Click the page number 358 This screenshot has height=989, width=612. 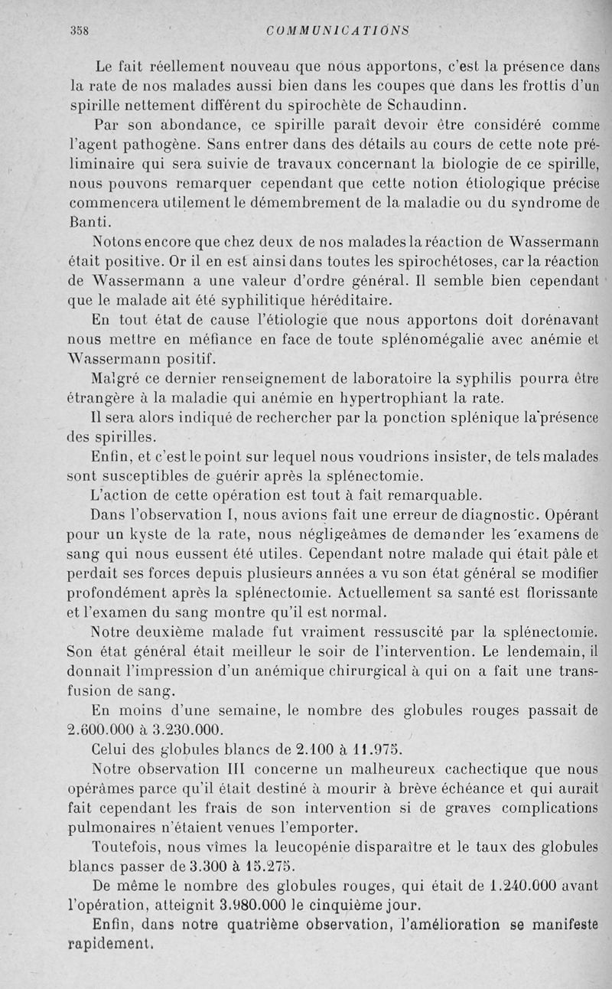point(80,31)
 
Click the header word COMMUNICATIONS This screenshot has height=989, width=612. point(337,31)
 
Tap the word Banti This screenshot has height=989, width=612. point(90,223)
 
